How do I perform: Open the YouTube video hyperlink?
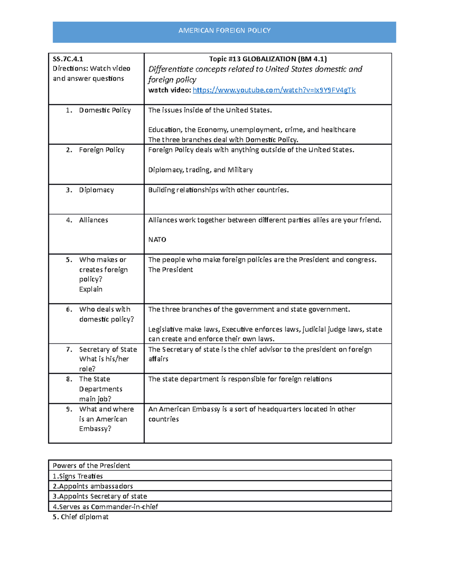(x=274, y=90)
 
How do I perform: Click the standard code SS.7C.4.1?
(x=68, y=59)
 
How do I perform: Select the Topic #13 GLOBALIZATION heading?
(x=268, y=59)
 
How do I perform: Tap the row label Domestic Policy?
(x=105, y=110)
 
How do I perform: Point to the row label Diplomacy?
(x=96, y=190)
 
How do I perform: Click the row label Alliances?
(x=94, y=220)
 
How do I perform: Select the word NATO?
(x=157, y=240)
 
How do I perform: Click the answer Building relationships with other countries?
(x=219, y=190)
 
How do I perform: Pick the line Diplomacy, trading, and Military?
(x=201, y=170)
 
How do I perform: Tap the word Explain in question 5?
(x=91, y=289)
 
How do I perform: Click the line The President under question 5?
(x=171, y=270)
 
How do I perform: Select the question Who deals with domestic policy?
(x=106, y=314)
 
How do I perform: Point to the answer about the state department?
(x=240, y=379)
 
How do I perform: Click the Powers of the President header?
(x=91, y=466)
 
